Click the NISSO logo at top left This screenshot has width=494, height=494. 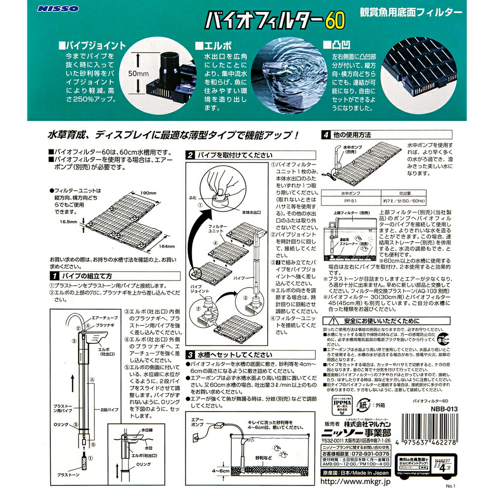pyautogui.click(x=50, y=9)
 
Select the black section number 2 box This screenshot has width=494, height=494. pyautogui.click(x=190, y=155)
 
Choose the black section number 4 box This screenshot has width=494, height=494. pyautogui.click(x=326, y=134)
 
